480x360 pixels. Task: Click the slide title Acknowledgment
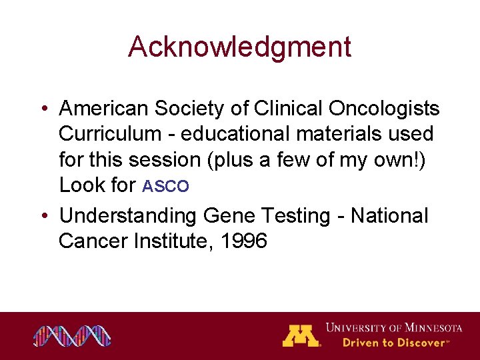point(239,47)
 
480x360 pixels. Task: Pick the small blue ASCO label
point(166,187)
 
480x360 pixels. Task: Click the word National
point(389,215)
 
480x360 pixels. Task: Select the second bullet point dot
point(43,217)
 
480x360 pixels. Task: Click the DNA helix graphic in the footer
point(73,336)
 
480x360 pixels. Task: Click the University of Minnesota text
point(393,328)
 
